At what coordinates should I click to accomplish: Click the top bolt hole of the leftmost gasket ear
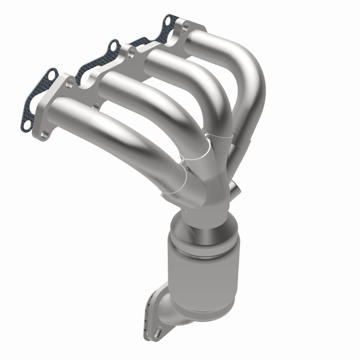pyautogui.click(x=52, y=75)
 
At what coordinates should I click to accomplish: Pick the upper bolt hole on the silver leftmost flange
pyautogui.click(x=69, y=84)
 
